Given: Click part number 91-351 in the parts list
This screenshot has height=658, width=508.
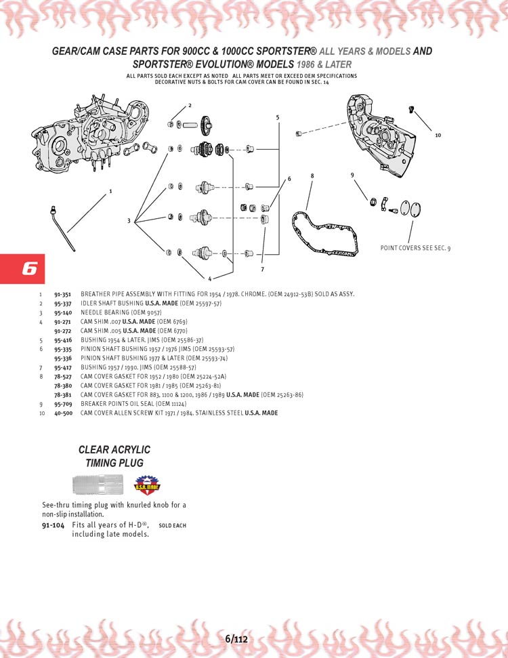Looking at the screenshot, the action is [62, 295].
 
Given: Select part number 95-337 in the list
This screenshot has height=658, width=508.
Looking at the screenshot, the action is [62, 304].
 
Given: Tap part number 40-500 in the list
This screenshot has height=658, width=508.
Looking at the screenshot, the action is [63, 413].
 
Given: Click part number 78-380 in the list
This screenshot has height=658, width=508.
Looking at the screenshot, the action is [63, 386].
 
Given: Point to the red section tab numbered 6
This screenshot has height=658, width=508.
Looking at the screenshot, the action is [22, 268].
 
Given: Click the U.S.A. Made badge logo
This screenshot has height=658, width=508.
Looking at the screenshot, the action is [147, 485].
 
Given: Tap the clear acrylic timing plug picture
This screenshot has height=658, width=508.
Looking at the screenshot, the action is [98, 484].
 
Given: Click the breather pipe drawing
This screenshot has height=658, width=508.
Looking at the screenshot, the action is [63, 228].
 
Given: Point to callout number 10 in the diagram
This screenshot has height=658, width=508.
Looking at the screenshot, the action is [438, 135].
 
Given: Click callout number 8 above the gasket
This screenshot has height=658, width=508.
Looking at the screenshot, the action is [312, 176].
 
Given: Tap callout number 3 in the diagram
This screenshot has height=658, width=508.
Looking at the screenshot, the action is [129, 221].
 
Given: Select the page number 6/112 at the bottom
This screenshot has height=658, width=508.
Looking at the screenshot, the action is [236, 640].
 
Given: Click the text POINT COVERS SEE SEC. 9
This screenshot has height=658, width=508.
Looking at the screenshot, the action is [415, 248].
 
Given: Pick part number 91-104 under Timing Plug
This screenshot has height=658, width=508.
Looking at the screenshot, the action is [54, 525].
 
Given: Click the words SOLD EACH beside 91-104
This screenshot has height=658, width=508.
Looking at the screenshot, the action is [173, 525].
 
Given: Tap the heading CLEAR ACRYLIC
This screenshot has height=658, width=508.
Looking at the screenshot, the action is [114, 450].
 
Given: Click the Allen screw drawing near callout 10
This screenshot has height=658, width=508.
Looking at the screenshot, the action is [411, 110].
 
